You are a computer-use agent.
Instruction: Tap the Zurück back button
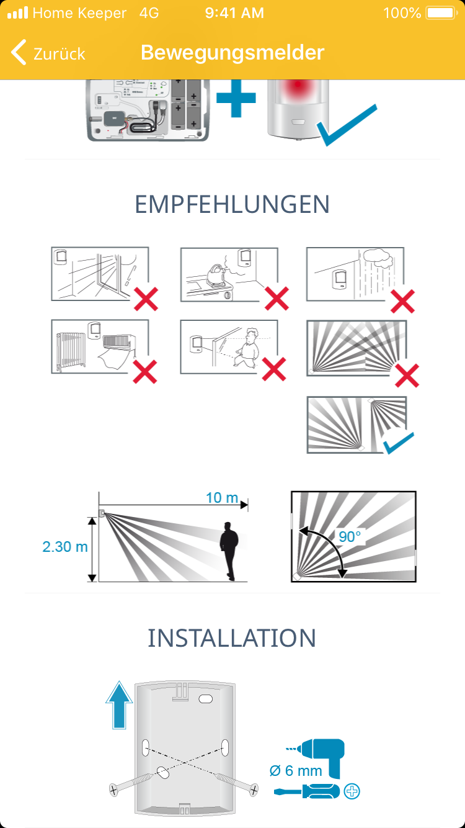pos(48,53)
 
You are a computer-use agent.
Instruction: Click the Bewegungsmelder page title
pos(232,53)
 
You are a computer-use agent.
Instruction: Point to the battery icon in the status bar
pos(441,13)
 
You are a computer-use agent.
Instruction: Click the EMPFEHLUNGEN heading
pos(232,204)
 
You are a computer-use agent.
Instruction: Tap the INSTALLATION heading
pos(232,637)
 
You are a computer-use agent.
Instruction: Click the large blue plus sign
pos(236,98)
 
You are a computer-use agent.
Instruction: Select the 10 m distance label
pos(221,498)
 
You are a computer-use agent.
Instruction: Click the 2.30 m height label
pos(65,547)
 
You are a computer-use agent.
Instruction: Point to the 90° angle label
pos(350,537)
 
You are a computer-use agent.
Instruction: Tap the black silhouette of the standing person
pos(229,551)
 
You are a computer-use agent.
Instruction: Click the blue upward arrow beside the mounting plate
pos(119,704)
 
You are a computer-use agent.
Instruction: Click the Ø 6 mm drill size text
pos(296,771)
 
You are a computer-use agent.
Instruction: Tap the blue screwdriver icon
pos(306,791)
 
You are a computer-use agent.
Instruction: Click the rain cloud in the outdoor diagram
pos(378,258)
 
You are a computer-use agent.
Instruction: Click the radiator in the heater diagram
pos(71,351)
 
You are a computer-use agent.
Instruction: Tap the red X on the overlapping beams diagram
pos(407,376)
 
